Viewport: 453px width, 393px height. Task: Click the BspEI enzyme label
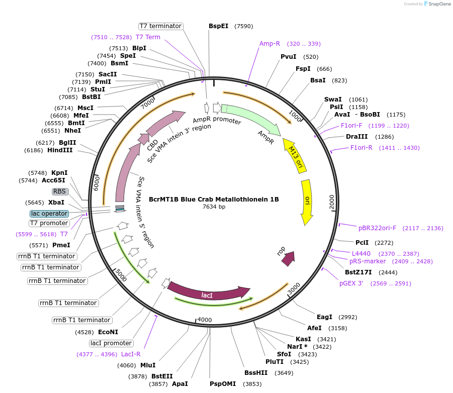[218, 26]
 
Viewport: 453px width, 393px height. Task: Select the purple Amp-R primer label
[269, 44]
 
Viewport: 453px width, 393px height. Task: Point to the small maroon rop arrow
[288, 258]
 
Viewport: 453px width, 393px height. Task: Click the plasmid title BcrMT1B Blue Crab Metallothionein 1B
[214, 199]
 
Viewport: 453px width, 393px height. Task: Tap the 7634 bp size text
[214, 207]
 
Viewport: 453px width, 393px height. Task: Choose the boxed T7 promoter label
[49, 223]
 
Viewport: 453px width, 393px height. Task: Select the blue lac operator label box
[49, 214]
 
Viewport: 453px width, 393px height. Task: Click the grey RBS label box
[60, 191]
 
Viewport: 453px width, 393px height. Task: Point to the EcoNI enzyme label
[108, 332]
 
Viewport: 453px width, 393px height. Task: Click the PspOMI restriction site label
[223, 384]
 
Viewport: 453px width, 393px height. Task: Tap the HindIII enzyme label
[60, 150]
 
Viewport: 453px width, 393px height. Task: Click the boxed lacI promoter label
[111, 343]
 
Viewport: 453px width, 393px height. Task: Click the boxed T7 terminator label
[161, 26]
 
